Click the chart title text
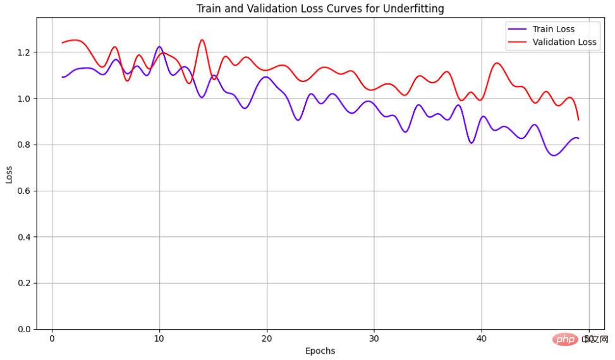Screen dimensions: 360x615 [320, 8]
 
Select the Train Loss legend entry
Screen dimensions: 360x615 [553, 29]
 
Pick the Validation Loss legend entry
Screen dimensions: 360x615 [564, 42]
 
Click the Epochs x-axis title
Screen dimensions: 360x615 [320, 351]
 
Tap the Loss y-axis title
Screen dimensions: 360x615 [9, 174]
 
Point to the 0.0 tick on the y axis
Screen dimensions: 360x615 [25, 329]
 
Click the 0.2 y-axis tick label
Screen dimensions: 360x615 [25, 283]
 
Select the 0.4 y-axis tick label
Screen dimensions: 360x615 [25, 237]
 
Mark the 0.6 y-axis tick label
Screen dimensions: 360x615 [25, 191]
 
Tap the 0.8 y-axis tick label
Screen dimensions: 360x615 [25, 145]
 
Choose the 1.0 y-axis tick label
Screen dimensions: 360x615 [25, 99]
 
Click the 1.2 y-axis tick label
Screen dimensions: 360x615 [25, 52]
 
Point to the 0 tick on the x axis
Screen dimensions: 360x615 [52, 339]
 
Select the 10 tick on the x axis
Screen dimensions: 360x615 [159, 339]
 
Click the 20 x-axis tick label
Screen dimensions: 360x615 [267, 339]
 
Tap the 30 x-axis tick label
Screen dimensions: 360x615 [374, 339]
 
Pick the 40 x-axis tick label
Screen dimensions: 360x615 [482, 339]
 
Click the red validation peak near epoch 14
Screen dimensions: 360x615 [202, 40]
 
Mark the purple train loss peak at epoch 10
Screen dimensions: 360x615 [159, 47]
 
